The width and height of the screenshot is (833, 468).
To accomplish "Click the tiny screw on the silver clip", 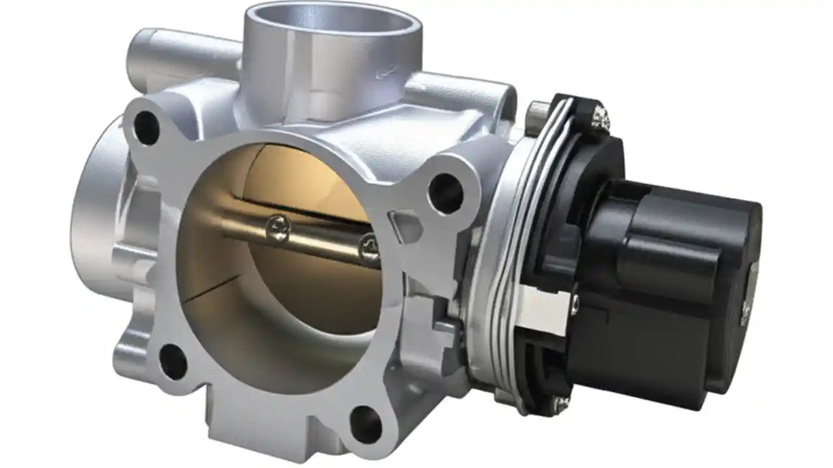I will tap(575, 302).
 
